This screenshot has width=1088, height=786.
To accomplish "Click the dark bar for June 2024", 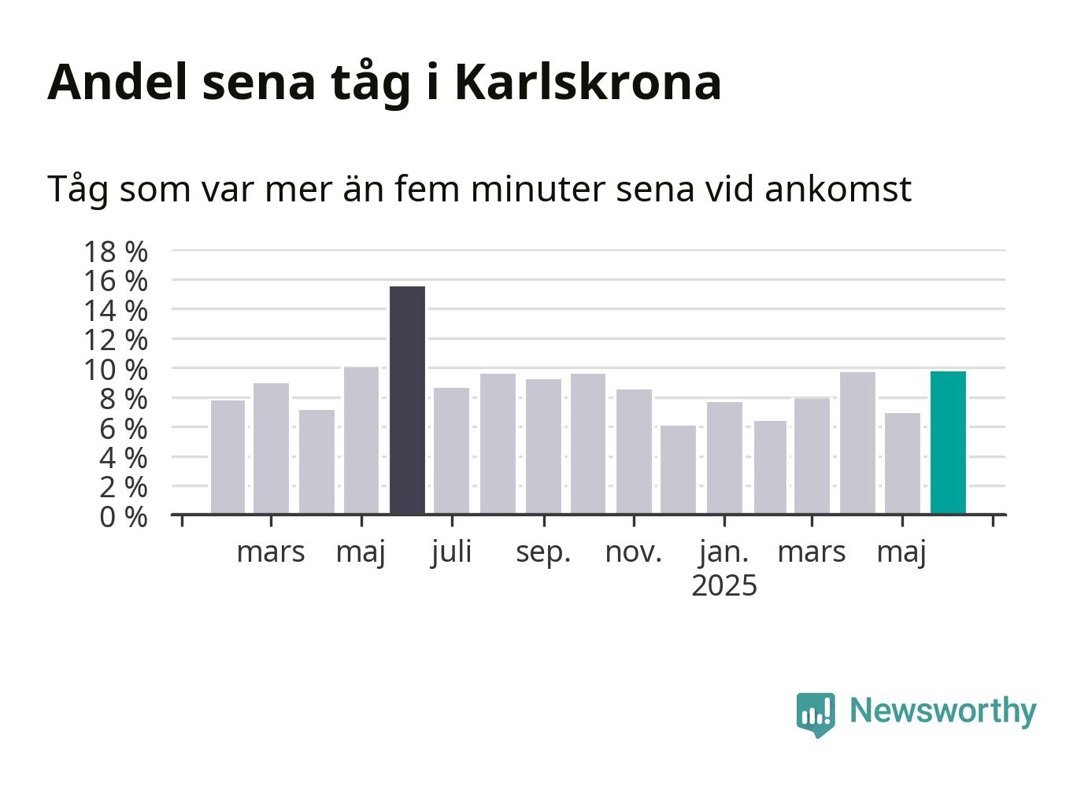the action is pos(408,400).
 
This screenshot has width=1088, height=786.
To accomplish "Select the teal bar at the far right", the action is pos(948,442).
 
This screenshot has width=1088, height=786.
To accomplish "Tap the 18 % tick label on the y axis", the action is pos(116,252).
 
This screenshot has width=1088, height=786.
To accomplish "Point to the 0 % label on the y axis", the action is pos(124,517).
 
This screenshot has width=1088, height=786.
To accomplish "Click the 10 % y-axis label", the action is pos(116,370).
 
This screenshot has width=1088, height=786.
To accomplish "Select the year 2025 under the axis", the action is pos(724,585).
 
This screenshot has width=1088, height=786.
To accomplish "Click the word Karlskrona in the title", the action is pos(588,82).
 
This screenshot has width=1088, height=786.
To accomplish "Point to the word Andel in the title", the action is pos(117,82).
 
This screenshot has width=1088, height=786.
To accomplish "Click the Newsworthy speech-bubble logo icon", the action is pos(816,714).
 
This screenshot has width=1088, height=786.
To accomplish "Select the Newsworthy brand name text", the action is pos(943,712).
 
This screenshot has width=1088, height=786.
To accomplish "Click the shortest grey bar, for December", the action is pos(678,470).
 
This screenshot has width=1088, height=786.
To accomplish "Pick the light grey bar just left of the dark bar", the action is pos(361,441).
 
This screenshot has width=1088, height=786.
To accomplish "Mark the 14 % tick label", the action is pos(116,311).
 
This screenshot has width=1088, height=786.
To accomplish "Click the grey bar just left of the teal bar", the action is pos(902,463).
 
